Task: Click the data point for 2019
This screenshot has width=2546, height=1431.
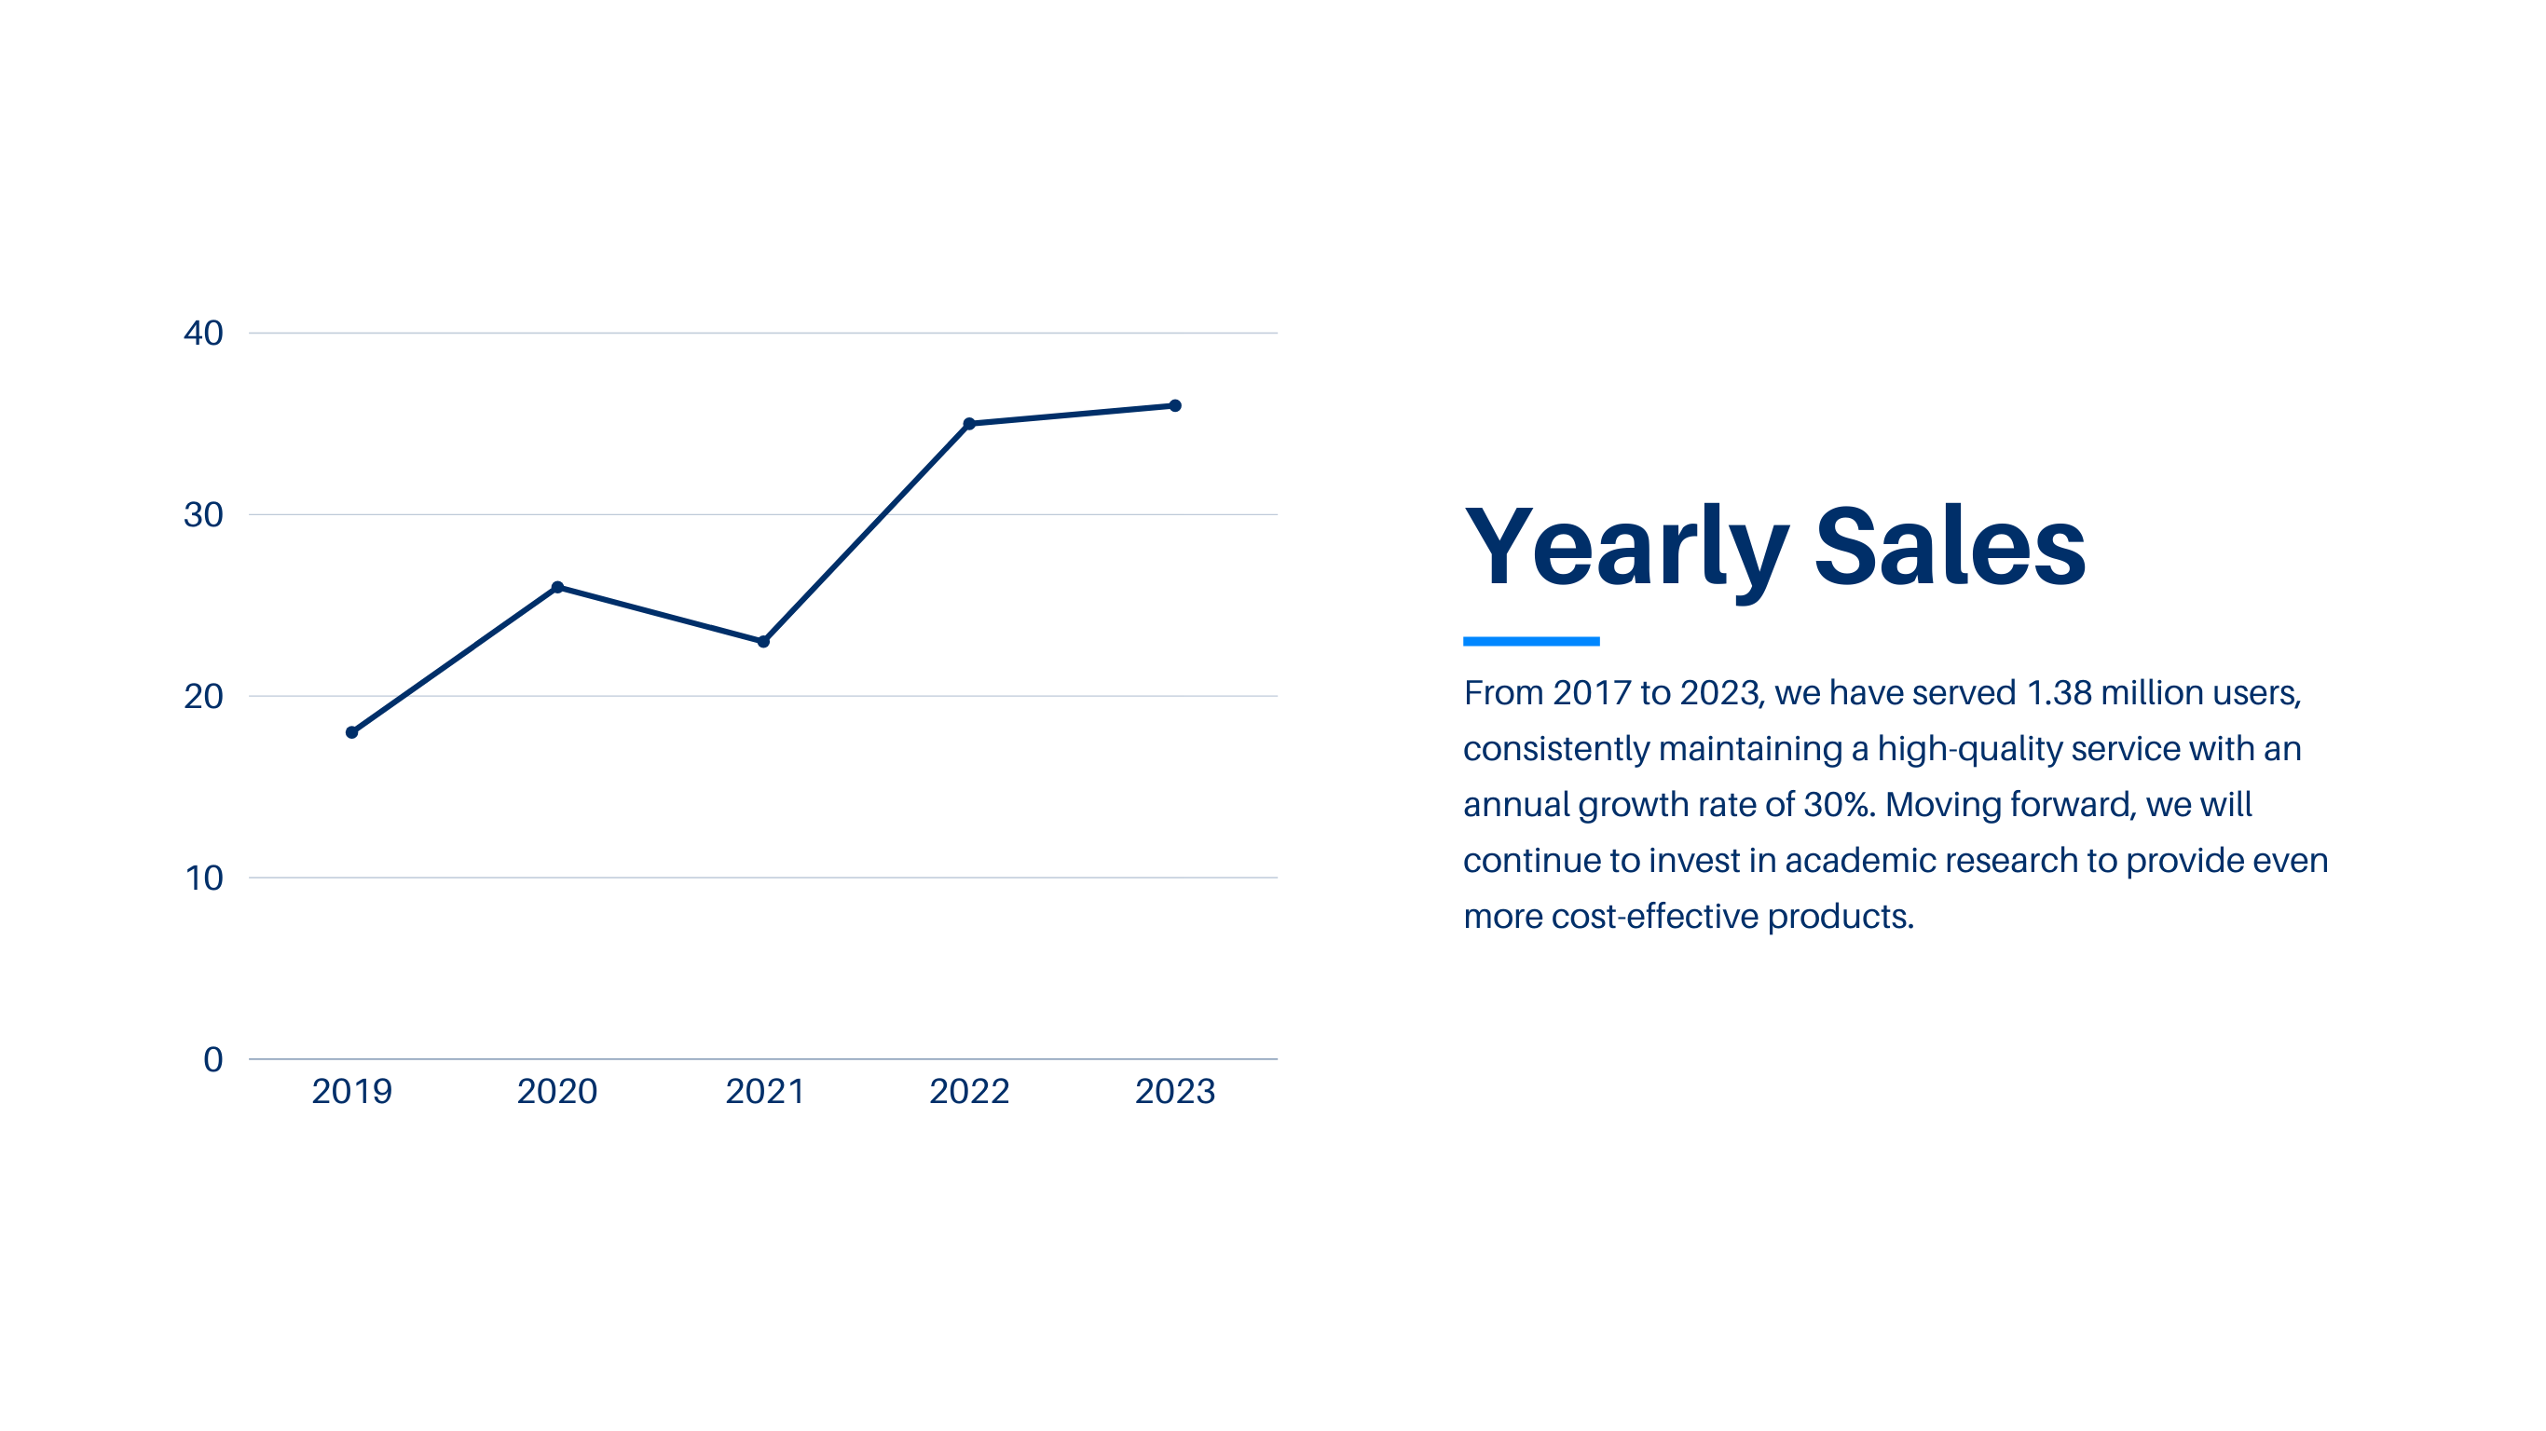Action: click(352, 732)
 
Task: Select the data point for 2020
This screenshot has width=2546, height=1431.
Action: click(557, 587)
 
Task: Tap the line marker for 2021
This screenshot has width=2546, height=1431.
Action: click(763, 641)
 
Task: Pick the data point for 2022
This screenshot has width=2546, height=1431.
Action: click(969, 424)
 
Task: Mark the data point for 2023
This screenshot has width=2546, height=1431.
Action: click(1175, 405)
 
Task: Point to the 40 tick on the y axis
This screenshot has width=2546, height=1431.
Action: click(203, 333)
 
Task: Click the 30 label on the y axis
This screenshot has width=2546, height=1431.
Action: click(203, 515)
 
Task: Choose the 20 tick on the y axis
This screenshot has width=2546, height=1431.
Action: click(203, 697)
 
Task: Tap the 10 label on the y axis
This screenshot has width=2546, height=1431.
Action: click(205, 878)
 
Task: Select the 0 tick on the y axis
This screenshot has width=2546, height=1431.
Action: click(212, 1059)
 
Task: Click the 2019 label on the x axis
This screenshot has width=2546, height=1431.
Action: click(352, 1091)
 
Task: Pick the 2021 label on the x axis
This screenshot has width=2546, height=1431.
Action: click(765, 1091)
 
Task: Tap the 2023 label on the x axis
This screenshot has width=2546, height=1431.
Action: click(1175, 1091)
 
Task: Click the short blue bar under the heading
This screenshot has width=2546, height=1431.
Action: click(1531, 641)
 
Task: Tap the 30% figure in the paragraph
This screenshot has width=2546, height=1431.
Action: click(1839, 804)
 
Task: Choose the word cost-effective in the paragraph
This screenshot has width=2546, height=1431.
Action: click(1654, 916)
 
